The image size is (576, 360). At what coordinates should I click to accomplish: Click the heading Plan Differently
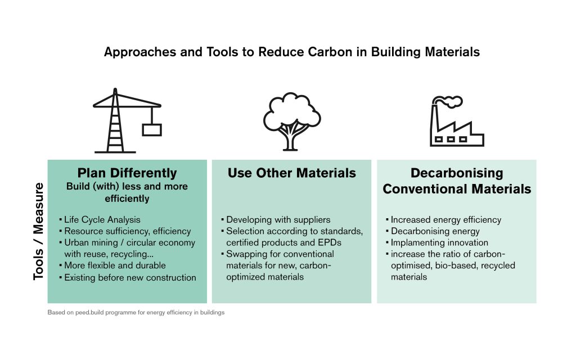click(x=127, y=173)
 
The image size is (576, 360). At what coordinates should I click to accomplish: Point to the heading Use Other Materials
click(x=291, y=173)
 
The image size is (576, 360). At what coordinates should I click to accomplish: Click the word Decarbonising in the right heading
click(x=457, y=173)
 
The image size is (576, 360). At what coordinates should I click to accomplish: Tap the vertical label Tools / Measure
click(x=39, y=231)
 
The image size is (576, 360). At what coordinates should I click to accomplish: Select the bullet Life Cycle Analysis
click(x=102, y=220)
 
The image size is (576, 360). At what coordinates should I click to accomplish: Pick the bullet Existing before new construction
click(x=129, y=277)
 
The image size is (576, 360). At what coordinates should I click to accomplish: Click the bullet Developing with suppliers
click(x=278, y=220)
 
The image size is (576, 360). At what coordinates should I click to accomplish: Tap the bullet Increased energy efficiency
click(x=445, y=220)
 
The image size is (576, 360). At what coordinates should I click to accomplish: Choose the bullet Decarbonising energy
click(x=435, y=231)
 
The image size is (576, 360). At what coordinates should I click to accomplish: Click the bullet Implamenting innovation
click(x=439, y=242)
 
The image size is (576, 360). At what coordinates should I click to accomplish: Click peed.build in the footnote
click(x=85, y=313)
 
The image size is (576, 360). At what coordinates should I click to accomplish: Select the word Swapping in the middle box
click(x=245, y=254)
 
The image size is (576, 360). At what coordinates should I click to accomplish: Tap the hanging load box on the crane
click(x=151, y=129)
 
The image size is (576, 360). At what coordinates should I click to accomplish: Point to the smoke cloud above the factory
click(x=450, y=102)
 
